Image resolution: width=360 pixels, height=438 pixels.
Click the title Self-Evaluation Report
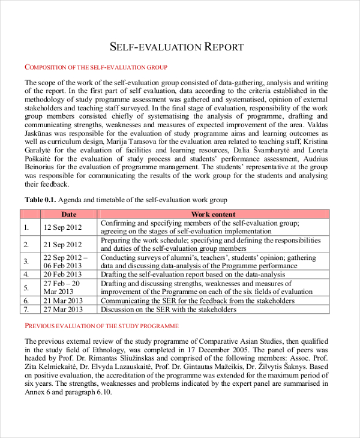(x=178, y=47)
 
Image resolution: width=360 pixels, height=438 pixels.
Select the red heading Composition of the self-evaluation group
(x=95, y=67)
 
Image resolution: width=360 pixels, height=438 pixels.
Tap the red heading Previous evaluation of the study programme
(x=101, y=326)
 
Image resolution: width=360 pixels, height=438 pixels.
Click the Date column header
(x=69, y=214)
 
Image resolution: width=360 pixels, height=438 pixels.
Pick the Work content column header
(x=213, y=214)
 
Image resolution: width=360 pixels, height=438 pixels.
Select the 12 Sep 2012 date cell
(x=62, y=227)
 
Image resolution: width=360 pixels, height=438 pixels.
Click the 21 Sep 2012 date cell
(x=62, y=245)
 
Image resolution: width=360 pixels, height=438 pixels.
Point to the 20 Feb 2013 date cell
(x=62, y=274)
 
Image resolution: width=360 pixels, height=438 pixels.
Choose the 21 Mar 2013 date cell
(x=63, y=301)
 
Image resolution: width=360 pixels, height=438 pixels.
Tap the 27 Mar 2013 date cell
(x=63, y=310)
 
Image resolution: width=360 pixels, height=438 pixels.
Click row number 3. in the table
(x=26, y=262)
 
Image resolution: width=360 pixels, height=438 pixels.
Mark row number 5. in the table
(x=26, y=287)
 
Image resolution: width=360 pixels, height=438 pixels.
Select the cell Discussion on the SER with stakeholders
(x=169, y=310)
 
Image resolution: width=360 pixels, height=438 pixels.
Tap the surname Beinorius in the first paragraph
(x=41, y=167)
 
